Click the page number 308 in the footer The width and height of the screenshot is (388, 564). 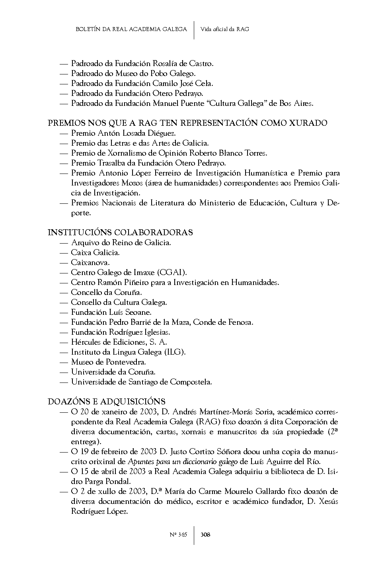[x=205, y=535]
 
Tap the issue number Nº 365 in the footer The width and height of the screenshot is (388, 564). [x=178, y=535]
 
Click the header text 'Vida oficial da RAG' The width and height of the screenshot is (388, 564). [x=225, y=29]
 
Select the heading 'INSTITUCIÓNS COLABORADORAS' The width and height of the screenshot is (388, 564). [x=120, y=232]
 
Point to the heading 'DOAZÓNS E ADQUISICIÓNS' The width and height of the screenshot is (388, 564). [x=107, y=402]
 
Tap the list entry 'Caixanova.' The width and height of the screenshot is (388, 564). [x=90, y=262]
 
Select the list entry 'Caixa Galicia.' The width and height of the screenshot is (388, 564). [x=95, y=252]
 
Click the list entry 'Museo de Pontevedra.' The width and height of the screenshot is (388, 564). [x=109, y=362]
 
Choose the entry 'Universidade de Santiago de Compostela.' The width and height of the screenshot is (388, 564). [x=141, y=382]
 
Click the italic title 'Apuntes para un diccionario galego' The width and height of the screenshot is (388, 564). [x=183, y=462]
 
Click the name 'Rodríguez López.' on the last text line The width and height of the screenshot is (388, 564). [x=99, y=511]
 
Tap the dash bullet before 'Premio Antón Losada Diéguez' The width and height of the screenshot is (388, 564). [x=64, y=133]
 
